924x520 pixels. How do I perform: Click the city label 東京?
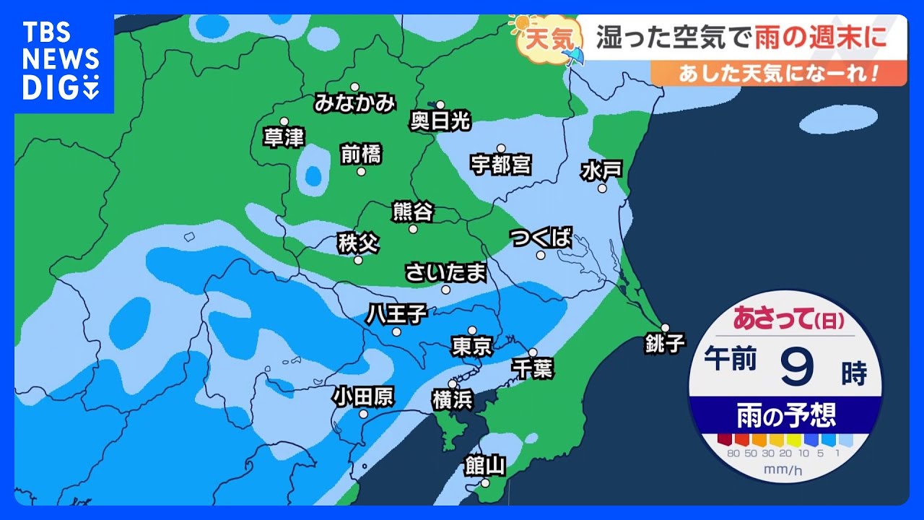[472, 347]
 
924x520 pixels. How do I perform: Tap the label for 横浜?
[453, 399]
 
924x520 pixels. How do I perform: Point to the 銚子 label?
[665, 343]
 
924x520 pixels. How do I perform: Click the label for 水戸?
[601, 171]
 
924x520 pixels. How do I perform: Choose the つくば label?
[541, 238]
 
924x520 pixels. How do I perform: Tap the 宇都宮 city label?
[501, 165]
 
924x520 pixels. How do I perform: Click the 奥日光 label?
[440, 121]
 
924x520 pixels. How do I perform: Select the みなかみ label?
[355, 103]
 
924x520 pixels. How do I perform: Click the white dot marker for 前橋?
[361, 171]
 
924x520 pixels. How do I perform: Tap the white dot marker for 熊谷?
[413, 229]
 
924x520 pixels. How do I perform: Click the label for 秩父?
[358, 243]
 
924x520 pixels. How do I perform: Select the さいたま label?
[445, 273]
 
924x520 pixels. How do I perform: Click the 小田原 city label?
[363, 396]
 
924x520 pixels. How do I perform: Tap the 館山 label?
[484, 466]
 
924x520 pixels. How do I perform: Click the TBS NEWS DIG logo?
[61, 61]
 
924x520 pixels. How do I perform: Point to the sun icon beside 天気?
[518, 25]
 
